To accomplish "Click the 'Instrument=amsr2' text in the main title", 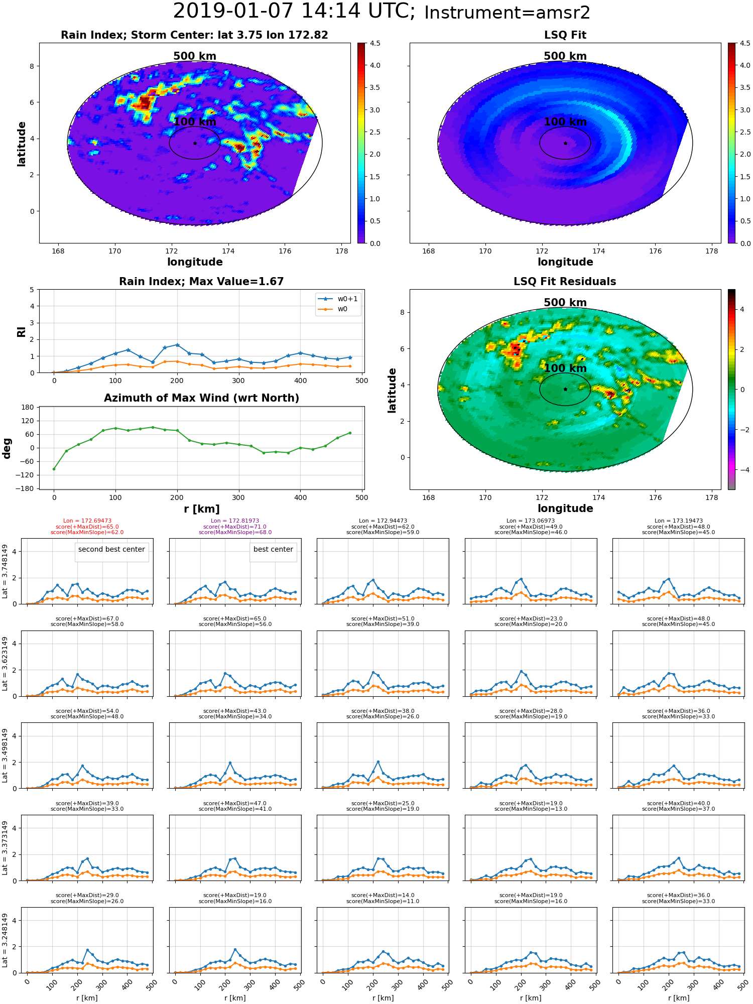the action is (507, 13).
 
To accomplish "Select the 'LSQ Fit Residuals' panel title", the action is (565, 282).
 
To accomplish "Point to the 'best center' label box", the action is (273, 550).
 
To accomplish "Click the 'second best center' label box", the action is (111, 550).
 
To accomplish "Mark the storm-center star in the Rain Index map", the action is (195, 143).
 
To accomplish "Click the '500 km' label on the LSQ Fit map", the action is (565, 56).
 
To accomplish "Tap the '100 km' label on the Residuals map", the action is (565, 368).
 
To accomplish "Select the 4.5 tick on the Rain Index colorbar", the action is (375, 43).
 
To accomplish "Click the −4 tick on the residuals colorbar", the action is (741, 470).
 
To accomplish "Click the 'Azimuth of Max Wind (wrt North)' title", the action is (201, 398).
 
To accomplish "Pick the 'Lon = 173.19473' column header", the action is (678, 521).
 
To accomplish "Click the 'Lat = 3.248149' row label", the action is (5, 940).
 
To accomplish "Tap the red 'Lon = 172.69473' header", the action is (87, 521).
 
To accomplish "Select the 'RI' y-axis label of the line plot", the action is (21, 331).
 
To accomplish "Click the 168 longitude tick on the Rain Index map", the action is (58, 252).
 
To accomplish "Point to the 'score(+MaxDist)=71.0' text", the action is (235, 527).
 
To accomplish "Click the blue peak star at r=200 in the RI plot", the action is (177, 345).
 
